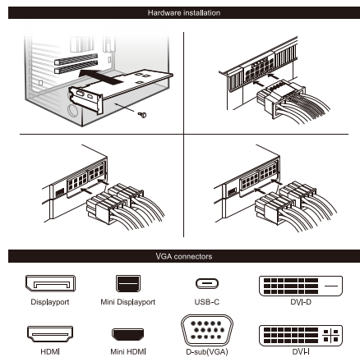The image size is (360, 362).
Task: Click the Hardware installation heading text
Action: click(184, 13)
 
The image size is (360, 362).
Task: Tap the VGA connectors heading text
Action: click(184, 256)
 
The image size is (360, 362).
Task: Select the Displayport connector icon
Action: click(50, 283)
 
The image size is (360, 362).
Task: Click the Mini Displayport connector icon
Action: click(128, 283)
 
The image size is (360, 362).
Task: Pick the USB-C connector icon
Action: click(207, 283)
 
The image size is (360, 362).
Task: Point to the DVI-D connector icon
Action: click(301, 286)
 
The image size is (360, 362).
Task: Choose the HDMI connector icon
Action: click(50, 334)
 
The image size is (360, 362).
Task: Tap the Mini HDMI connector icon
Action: click(128, 334)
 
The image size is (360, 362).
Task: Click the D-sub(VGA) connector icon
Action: click(207, 330)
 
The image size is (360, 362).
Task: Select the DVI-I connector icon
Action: click(301, 336)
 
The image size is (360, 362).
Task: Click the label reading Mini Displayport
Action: click(128, 302)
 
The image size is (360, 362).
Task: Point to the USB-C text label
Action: click(207, 302)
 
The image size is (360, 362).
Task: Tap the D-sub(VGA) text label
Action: click(207, 351)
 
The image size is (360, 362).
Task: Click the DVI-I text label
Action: click(301, 351)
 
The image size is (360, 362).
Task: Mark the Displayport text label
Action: click(50, 302)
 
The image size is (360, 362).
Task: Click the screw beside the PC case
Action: click(142, 115)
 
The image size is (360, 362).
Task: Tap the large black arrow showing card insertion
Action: click(100, 76)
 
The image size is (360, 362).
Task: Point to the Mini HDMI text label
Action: click(128, 351)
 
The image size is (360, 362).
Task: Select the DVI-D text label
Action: click(301, 302)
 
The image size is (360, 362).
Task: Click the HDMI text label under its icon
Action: click(50, 351)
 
